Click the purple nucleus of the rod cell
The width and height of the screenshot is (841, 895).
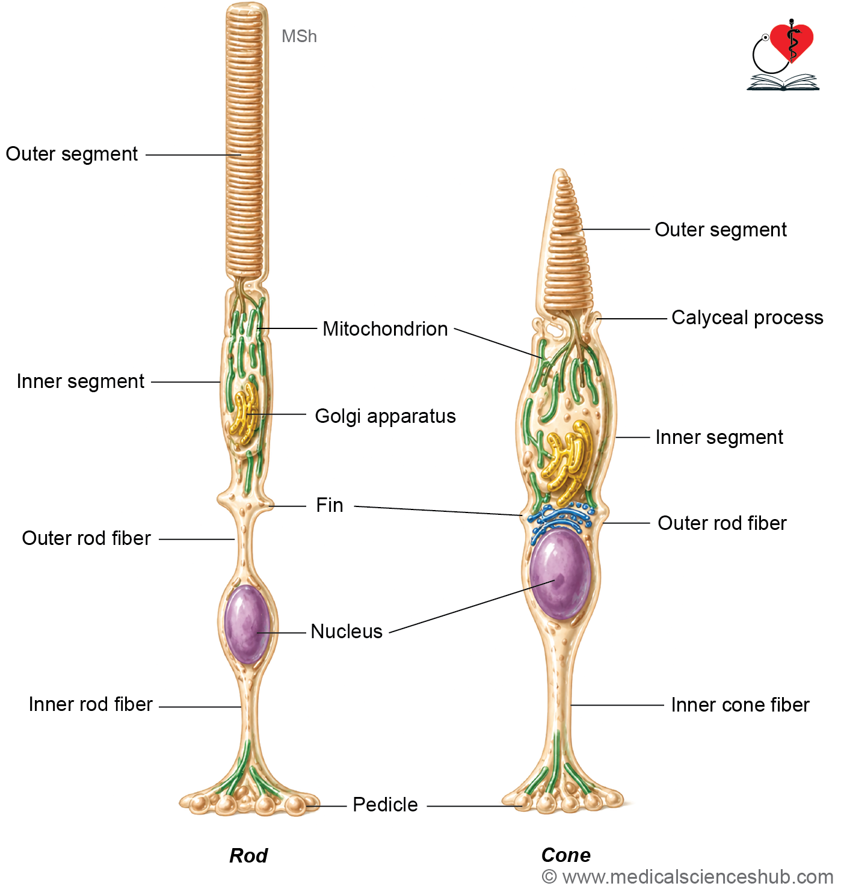coord(247,624)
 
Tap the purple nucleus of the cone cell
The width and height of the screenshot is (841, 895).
coord(560,574)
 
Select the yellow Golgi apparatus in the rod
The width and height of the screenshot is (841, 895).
coord(244,414)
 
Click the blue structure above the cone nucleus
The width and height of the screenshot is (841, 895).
coord(561,520)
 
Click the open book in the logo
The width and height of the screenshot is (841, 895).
coord(783,82)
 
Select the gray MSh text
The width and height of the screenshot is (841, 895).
coord(299,37)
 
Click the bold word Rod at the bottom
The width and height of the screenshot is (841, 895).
coord(248,855)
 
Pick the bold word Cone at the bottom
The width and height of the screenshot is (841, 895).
coord(566,855)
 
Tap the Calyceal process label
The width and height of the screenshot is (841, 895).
coord(747,318)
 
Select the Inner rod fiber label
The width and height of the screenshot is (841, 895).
coord(91,704)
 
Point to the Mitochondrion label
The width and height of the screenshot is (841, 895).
coord(385,329)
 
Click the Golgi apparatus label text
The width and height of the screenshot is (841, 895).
coord(385,416)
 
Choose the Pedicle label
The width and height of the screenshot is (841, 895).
coord(385,804)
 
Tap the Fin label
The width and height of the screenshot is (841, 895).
coord(330,505)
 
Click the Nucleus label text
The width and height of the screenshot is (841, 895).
coord(347,632)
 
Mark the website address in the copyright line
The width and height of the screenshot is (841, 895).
coord(698,878)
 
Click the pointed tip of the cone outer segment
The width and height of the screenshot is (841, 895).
coord(561,170)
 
